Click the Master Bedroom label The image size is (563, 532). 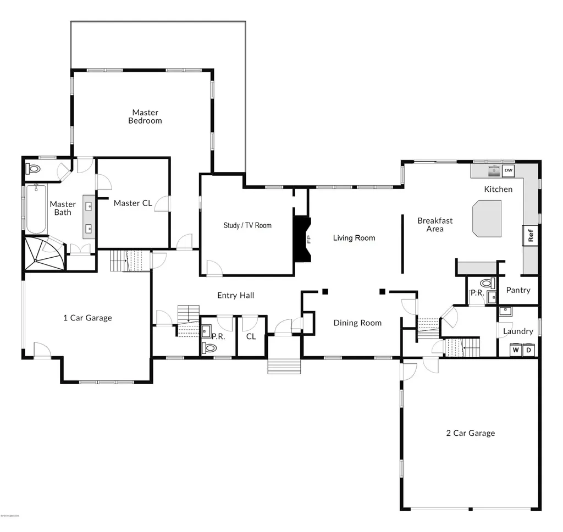[x=145, y=117]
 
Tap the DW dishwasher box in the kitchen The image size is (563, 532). [x=508, y=171]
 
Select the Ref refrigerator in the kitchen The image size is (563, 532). [x=531, y=236]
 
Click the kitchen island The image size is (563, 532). [x=487, y=218]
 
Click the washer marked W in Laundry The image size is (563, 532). [x=516, y=350]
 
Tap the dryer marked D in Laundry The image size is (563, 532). [x=528, y=350]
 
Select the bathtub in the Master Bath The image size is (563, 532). [x=36, y=209]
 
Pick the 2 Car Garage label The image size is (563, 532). [x=470, y=433]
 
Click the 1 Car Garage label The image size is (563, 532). [x=87, y=318]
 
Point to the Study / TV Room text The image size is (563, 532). [x=247, y=225]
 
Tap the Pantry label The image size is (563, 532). [x=518, y=290]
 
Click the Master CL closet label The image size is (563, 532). [x=133, y=203]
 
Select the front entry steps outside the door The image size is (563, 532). [x=284, y=367]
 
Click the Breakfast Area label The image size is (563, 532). [x=435, y=224]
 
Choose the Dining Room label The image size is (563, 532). [x=357, y=323]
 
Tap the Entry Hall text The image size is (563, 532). [x=235, y=296]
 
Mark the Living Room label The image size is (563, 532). [x=354, y=238]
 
